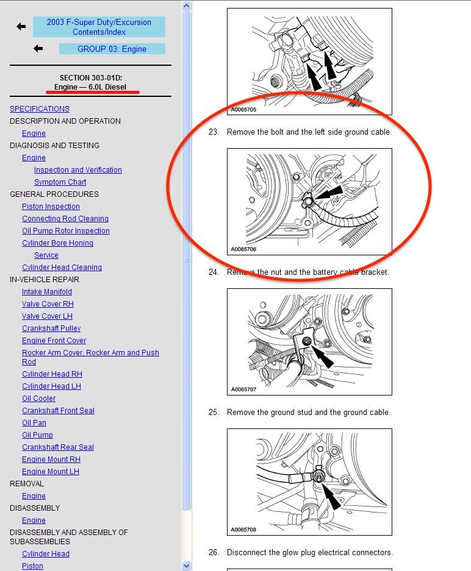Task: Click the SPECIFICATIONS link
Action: pos(40,109)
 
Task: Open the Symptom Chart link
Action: pos(60,182)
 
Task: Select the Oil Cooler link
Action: pos(38,399)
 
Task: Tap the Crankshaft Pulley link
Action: pos(51,328)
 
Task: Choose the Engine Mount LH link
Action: pos(50,472)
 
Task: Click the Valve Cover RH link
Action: pos(48,304)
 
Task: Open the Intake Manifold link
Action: pos(46,292)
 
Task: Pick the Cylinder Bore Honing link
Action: pos(57,243)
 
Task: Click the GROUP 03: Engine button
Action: pos(112,49)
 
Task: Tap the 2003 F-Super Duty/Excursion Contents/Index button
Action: pos(99,27)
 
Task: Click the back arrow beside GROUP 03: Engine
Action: pos(38,48)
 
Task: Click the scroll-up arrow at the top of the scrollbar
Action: pos(186,6)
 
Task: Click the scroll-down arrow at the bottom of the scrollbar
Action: pos(186,566)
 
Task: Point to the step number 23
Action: pos(214,132)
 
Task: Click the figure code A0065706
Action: pos(243,249)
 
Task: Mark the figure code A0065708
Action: pos(243,530)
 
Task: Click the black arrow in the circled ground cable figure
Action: pos(328,193)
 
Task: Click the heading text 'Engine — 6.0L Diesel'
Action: pos(90,87)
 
